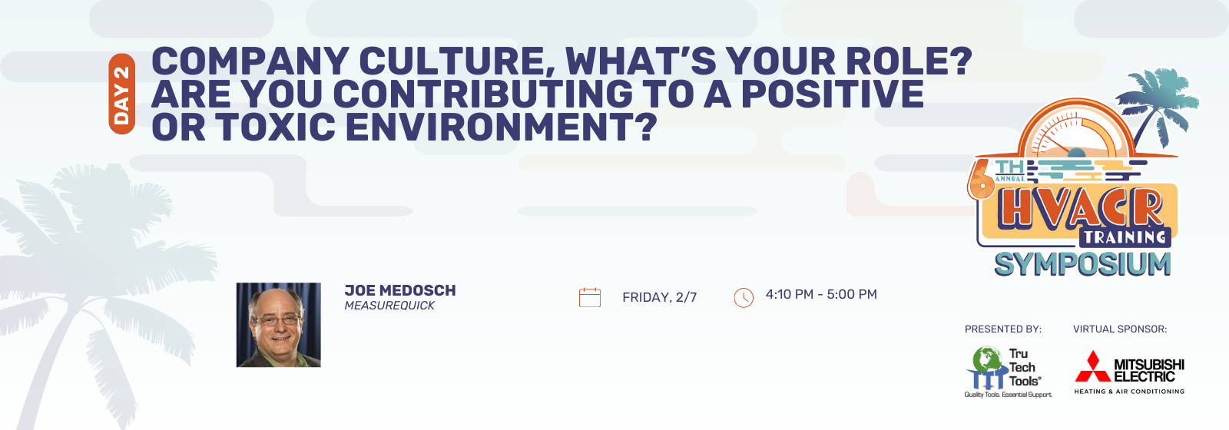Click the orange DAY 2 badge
[122, 94]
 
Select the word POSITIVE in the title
[833, 93]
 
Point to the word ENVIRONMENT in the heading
[501, 127]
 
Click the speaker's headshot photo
[279, 325]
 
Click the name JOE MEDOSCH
[400, 290]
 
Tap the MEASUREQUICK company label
[389, 306]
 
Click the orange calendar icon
[590, 297]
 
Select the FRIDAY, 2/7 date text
[660, 297]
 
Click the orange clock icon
[744, 297]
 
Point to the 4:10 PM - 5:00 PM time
[821, 295]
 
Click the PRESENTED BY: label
[1003, 329]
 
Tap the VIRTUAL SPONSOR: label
[1120, 329]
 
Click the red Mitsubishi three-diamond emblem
[1092, 366]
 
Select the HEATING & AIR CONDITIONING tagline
[1129, 392]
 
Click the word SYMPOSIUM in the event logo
[1082, 264]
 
